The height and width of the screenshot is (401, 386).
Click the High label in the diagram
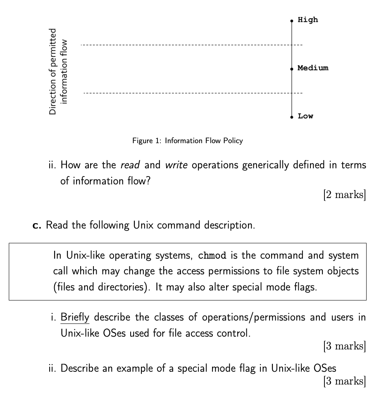tap(308, 20)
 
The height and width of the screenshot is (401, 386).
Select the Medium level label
tap(313, 68)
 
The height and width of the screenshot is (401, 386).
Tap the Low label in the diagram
tap(305, 116)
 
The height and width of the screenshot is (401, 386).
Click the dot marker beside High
tap(292, 20)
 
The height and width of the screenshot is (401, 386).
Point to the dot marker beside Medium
tap(292, 68)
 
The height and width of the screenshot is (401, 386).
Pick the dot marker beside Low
tap(292, 117)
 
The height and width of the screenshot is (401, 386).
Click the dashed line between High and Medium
tap(186, 45)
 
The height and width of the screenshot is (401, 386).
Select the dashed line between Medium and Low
tap(186, 93)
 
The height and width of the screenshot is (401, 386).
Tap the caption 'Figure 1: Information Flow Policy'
tap(187, 141)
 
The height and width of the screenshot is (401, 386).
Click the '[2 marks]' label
tap(345, 194)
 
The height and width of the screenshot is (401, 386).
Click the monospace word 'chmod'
tap(212, 255)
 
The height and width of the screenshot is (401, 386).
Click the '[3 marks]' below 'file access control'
tap(345, 347)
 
